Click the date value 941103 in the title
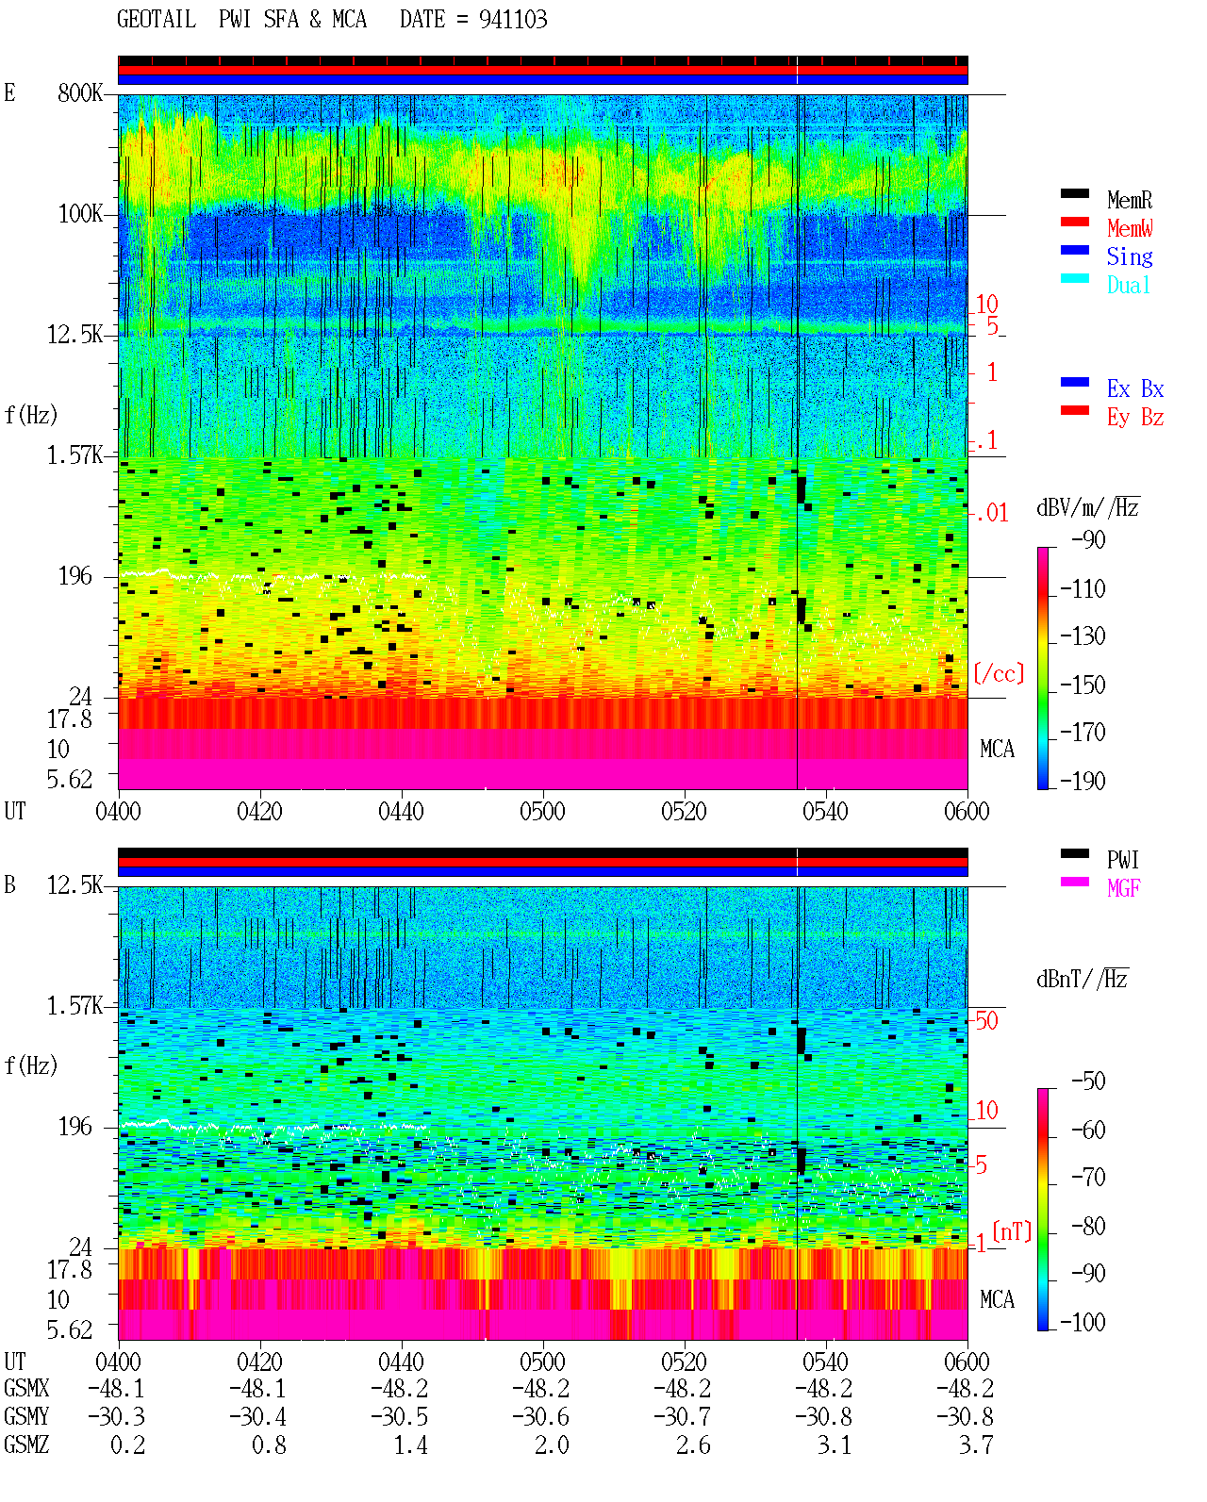click(512, 20)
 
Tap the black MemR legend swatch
click(1074, 193)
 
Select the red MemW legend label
click(1130, 228)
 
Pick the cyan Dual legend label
click(1128, 285)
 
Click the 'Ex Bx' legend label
click(1135, 388)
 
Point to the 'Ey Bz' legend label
click(1135, 417)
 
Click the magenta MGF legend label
click(1123, 888)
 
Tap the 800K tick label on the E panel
click(80, 92)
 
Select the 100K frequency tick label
click(80, 214)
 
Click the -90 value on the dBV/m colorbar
click(1087, 539)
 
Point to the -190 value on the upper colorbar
click(1082, 781)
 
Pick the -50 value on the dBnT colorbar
click(1087, 1081)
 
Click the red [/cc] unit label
click(999, 673)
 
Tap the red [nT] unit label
click(1012, 1231)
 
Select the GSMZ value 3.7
click(975, 1444)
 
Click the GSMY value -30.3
click(116, 1417)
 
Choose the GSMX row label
click(26, 1388)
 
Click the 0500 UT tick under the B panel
click(542, 1361)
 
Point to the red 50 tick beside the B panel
click(986, 1020)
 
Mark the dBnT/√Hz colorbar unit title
click(1082, 980)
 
